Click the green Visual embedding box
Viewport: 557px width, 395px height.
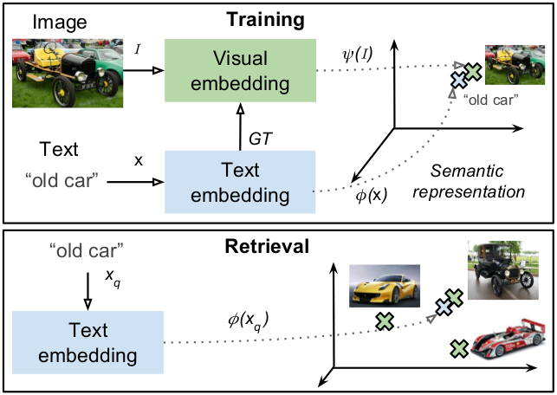(240, 71)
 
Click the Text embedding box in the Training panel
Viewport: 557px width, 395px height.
(240, 182)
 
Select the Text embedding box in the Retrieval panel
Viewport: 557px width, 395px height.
(87, 342)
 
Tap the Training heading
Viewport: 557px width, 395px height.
(265, 20)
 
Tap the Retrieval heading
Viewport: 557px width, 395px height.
(267, 246)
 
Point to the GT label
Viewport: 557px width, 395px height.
(261, 139)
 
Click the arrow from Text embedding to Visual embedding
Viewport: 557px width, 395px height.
(241, 126)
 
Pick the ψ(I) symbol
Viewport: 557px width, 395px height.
(357, 55)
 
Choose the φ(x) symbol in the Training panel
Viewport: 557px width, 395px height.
(372, 195)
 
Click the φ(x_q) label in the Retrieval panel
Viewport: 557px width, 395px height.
(248, 321)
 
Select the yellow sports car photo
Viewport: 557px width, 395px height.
(385, 286)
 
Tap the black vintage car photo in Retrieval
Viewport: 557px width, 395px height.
(503, 270)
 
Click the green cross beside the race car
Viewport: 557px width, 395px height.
(459, 348)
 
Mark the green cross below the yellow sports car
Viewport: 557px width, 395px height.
(385, 321)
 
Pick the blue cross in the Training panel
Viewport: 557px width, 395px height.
(459, 81)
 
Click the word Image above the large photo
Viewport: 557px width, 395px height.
(60, 23)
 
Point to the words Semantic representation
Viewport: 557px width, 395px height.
(469, 182)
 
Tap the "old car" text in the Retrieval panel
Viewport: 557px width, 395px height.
(87, 251)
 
